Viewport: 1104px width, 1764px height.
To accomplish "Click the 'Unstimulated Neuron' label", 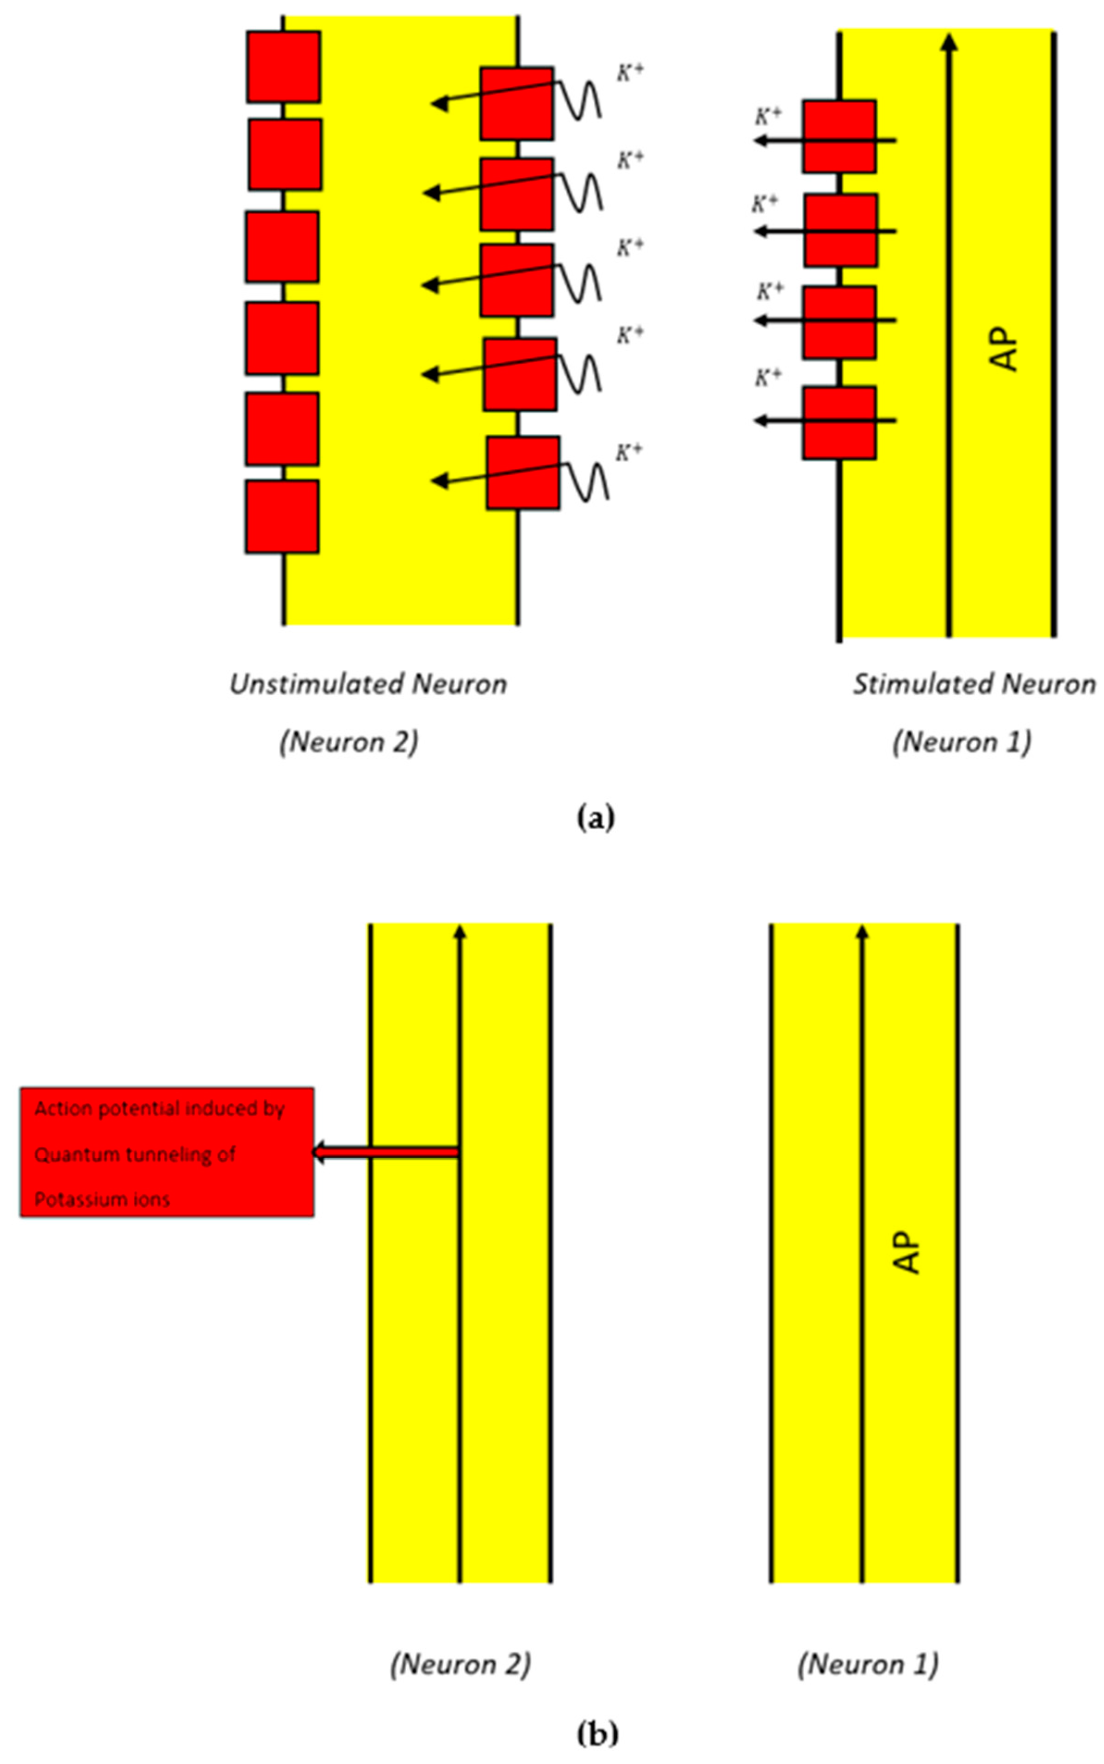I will point(368,684).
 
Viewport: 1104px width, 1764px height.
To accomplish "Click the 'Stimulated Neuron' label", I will point(974,684).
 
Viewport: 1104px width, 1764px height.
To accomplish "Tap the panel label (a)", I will point(596,818).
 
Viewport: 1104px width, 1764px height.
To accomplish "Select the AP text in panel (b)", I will point(907,1253).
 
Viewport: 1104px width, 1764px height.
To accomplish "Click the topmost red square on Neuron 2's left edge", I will point(283,67).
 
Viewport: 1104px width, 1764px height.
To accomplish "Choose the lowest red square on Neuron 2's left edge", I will point(282,516).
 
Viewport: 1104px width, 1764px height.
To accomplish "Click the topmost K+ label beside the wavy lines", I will point(630,72).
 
